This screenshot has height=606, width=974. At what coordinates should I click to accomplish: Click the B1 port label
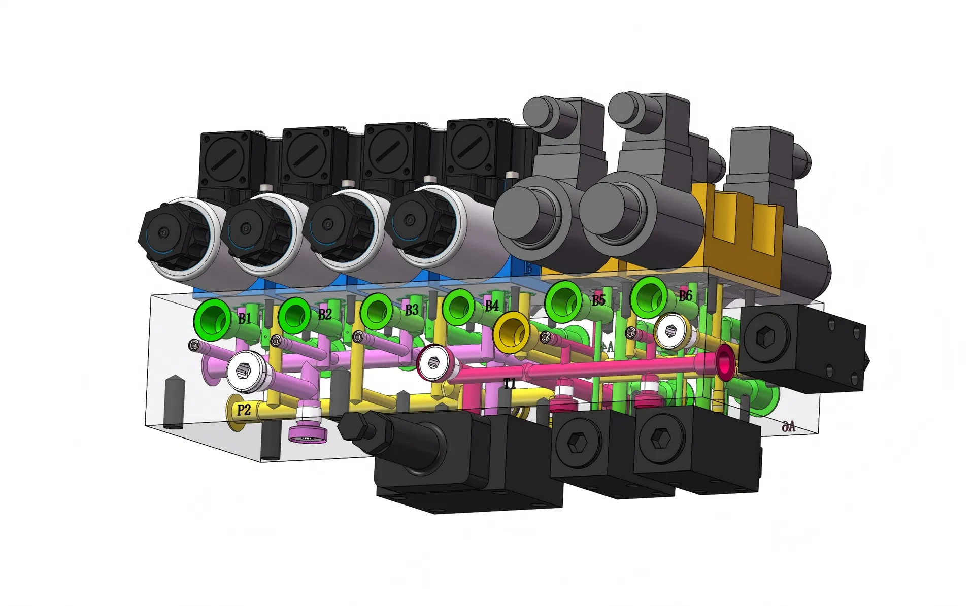tap(245, 319)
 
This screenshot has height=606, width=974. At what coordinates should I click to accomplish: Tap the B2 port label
tap(325, 314)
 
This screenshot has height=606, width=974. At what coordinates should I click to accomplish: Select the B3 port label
tap(412, 310)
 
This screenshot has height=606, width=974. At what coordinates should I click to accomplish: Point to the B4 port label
tap(491, 306)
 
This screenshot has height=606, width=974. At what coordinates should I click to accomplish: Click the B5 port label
tap(599, 300)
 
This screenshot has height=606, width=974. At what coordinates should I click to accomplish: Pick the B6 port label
tap(685, 295)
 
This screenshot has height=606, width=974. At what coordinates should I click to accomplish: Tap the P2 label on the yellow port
tap(244, 410)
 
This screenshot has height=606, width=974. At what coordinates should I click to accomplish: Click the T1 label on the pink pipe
tap(510, 384)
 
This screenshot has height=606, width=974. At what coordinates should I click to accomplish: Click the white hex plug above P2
tap(244, 372)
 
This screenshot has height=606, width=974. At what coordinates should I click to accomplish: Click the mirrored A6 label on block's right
tap(788, 427)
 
